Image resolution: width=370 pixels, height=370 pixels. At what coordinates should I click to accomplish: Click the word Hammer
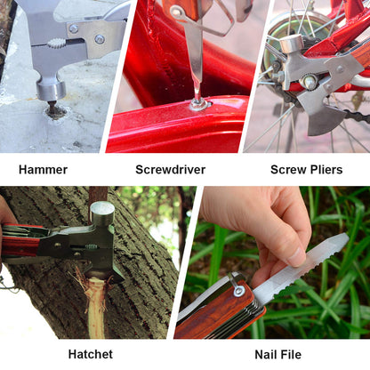click(x=43, y=169)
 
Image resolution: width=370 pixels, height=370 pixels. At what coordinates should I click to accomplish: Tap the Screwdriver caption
click(x=170, y=169)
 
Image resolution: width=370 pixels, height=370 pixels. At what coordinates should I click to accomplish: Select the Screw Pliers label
click(x=306, y=169)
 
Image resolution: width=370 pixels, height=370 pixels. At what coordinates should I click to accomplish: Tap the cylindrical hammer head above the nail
click(x=51, y=87)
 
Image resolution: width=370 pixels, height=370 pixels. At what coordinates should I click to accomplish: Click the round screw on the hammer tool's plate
click(x=99, y=39)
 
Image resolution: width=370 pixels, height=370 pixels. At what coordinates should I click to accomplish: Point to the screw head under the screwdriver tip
click(x=198, y=104)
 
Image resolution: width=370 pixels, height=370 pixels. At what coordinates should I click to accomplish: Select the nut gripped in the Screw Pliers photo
click(x=310, y=82)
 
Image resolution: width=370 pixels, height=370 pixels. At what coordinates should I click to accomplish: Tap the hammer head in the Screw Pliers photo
click(x=292, y=44)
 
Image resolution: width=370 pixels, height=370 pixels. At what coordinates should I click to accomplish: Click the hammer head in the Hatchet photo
click(x=102, y=213)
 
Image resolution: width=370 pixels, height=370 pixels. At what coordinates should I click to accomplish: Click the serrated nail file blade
click(x=302, y=268)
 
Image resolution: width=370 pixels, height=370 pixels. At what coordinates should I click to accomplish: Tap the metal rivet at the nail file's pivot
click(x=238, y=291)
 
